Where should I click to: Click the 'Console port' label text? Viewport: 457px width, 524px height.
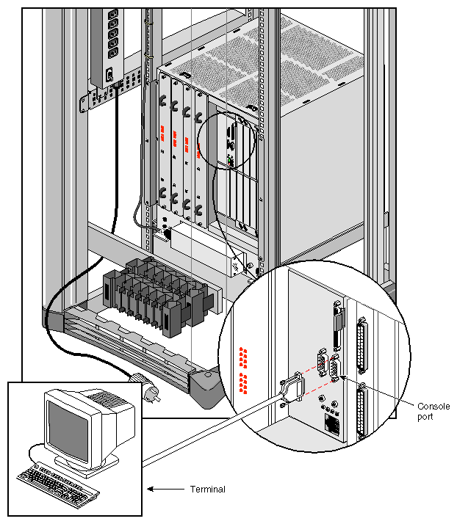[433, 411]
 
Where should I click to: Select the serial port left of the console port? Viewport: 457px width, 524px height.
[323, 365]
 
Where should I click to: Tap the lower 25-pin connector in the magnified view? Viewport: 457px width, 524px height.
[362, 415]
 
